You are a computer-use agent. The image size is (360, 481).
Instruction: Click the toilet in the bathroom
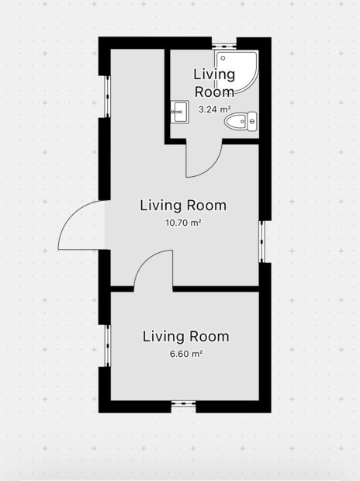click(x=241, y=122)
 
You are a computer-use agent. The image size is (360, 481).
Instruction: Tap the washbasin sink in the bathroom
click(x=179, y=112)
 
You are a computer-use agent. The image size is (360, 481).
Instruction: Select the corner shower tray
click(x=237, y=72)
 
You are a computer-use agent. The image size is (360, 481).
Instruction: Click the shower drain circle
click(x=223, y=57)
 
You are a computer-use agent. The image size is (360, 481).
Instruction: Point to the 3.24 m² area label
click(x=215, y=109)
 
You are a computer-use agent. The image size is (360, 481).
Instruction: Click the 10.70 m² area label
click(x=183, y=223)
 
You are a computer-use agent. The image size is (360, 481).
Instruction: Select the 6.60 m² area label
click(x=186, y=354)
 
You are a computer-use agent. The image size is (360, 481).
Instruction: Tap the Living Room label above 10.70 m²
click(x=183, y=206)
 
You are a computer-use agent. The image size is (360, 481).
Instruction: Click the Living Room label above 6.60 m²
click(x=186, y=337)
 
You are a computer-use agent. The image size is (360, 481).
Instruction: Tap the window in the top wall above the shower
click(x=224, y=46)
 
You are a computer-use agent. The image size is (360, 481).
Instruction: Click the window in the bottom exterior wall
click(x=184, y=404)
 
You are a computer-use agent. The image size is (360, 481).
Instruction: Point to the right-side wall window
click(x=261, y=242)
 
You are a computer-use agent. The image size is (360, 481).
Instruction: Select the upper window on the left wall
click(x=107, y=96)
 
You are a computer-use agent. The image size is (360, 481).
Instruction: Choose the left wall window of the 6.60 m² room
click(x=107, y=345)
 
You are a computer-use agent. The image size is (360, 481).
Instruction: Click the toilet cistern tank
click(x=252, y=122)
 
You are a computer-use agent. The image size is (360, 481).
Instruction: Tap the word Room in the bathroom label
click(x=215, y=92)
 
